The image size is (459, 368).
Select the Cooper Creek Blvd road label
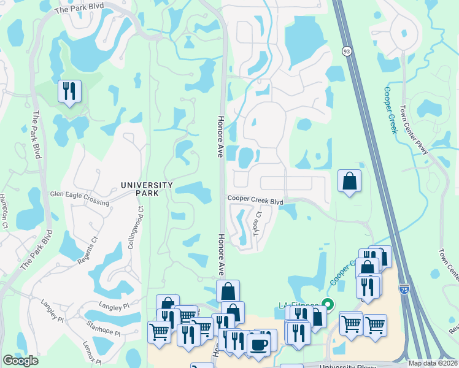pos(255,199)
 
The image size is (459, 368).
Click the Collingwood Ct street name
pos(136,226)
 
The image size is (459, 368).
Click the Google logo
pos(21,361)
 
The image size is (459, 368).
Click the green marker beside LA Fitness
pos(328,304)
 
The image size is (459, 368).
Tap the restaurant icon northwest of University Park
pos(68,92)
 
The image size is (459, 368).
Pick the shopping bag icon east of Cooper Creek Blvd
pos(349,181)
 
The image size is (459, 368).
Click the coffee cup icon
pos(258,344)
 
